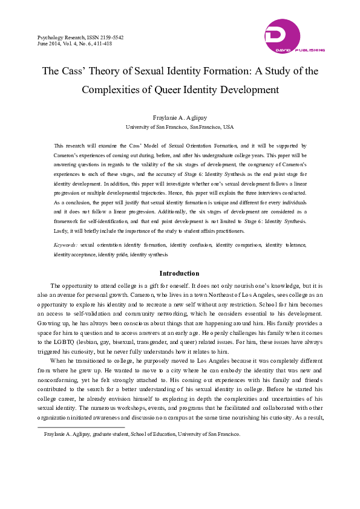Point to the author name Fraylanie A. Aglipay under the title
pyautogui.click(x=179, y=118)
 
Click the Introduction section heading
pyautogui.click(x=179, y=273)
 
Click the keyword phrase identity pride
pyautogui.click(x=110, y=254)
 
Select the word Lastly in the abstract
pyautogui.click(x=62, y=231)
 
